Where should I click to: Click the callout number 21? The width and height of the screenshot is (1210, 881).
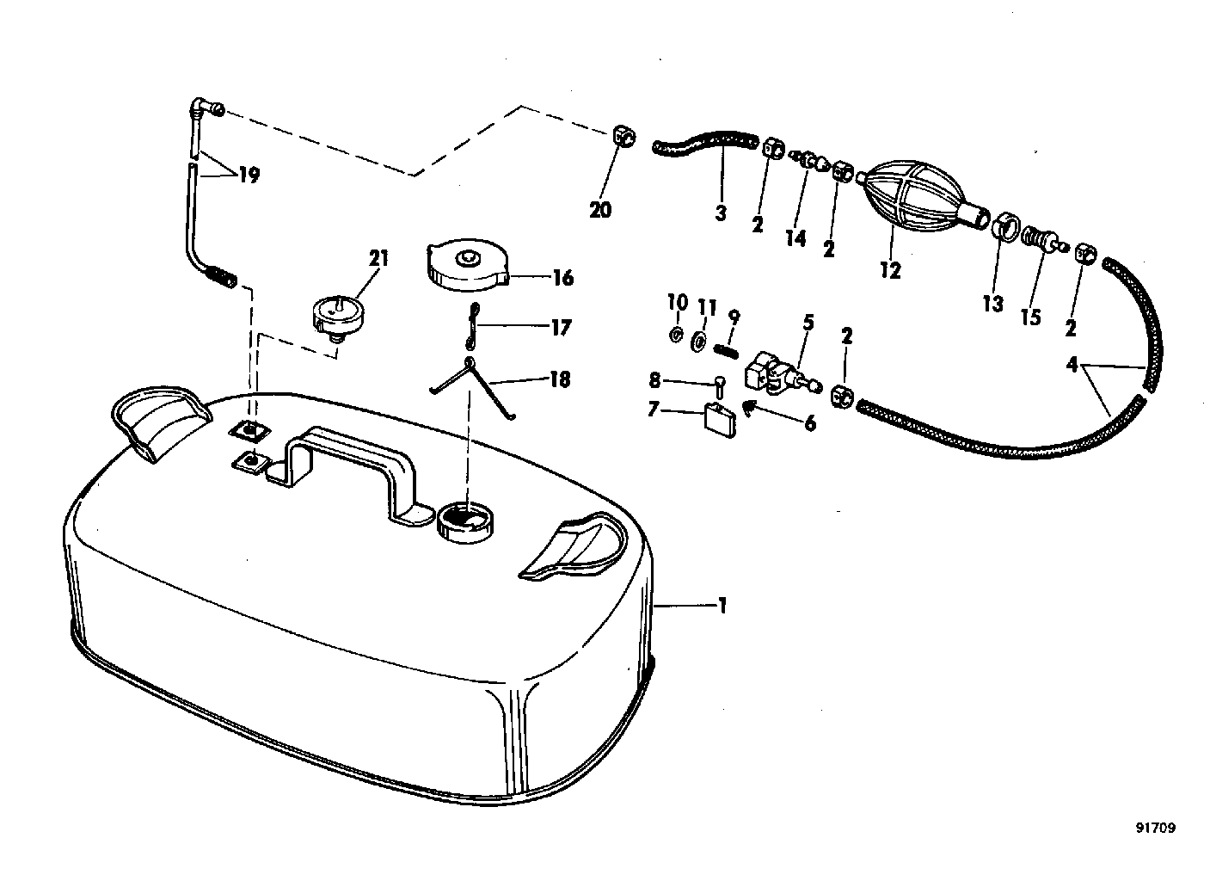(378, 258)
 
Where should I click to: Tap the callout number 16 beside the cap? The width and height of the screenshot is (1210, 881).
(563, 278)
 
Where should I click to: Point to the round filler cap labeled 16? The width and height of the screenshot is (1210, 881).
(468, 266)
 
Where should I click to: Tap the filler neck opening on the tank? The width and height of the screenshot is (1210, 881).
(466, 523)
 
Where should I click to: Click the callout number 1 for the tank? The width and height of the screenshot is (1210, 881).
(722, 606)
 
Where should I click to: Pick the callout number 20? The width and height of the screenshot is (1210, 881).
(600, 210)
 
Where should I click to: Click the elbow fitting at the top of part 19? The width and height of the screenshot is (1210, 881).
(207, 111)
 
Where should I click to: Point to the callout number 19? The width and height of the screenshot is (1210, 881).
(249, 175)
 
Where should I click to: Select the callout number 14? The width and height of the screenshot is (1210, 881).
(795, 237)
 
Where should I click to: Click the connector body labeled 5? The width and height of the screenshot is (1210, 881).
(783, 373)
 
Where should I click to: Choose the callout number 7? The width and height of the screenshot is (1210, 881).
(654, 410)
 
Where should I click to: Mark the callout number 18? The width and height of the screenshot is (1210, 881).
(560, 379)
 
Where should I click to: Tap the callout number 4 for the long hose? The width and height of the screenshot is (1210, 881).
(1072, 366)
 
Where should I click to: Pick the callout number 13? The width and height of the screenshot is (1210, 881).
(992, 305)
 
